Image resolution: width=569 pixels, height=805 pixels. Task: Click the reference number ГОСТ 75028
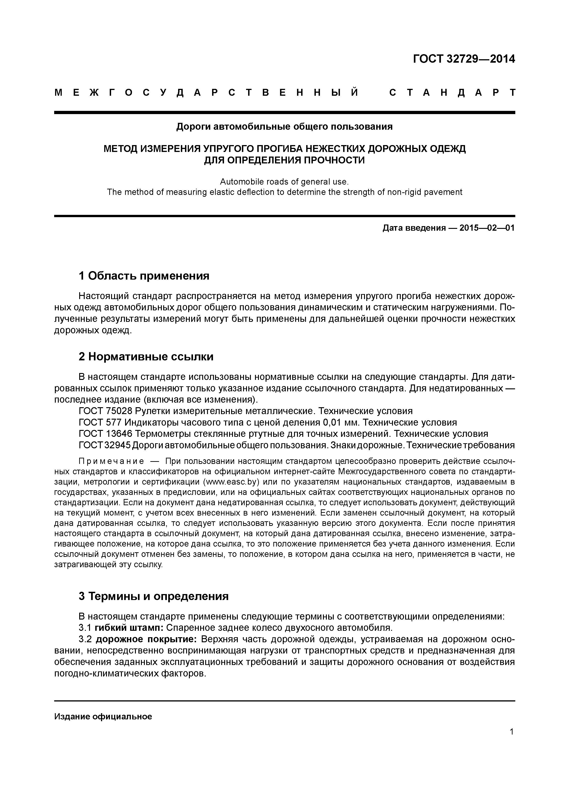tap(106, 411)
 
